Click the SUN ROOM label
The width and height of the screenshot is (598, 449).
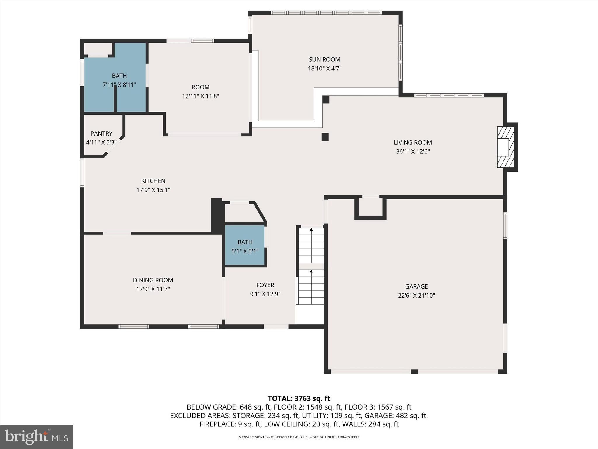pos(324,60)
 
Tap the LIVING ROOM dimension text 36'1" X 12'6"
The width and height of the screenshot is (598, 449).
pos(413,152)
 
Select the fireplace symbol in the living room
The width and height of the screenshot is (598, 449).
pos(505,147)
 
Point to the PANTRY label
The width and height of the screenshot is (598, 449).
pos(101,134)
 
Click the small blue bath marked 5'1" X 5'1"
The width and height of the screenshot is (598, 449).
pos(245,245)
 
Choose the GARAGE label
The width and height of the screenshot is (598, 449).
pos(416,286)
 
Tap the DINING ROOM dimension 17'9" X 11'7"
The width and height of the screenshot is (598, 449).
pos(153,289)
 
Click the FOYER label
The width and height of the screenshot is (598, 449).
pos(265,285)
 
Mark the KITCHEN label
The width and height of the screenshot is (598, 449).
pos(153,181)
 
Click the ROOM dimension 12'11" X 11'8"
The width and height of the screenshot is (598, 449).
pos(201,96)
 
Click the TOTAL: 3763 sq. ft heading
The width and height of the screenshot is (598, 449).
pos(299,398)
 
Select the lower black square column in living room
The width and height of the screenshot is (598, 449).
pos(325,137)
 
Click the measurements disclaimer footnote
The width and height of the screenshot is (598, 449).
pos(299,437)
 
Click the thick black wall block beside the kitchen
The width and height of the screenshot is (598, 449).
pos(216,215)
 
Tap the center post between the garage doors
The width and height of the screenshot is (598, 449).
pos(414,372)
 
